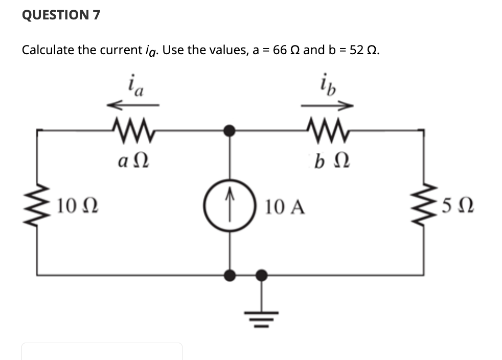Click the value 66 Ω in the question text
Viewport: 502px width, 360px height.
(x=287, y=50)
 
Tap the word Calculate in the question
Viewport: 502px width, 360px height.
(x=48, y=50)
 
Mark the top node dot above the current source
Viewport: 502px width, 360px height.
(x=231, y=130)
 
